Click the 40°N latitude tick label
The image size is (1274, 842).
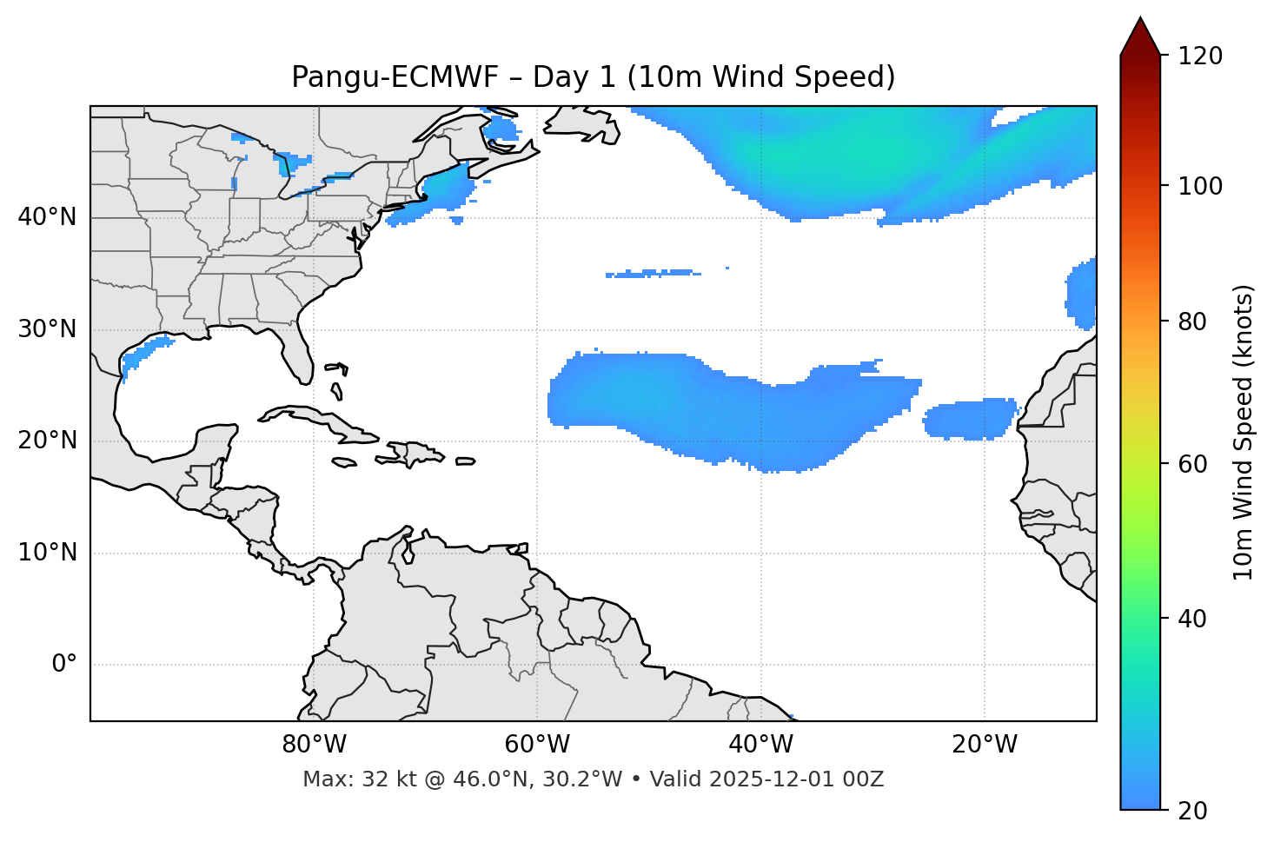click(x=47, y=217)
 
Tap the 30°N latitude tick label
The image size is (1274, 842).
click(x=47, y=329)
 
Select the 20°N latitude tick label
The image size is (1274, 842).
click(x=47, y=441)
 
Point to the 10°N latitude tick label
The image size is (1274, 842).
click(x=47, y=553)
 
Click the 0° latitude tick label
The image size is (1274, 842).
click(x=64, y=665)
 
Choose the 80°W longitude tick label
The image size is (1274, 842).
click(x=314, y=745)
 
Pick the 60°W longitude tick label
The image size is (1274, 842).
click(x=537, y=745)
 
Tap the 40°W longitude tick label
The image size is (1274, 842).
click(x=760, y=745)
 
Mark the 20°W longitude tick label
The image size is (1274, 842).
click(x=985, y=745)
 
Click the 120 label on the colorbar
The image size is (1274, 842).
click(x=1200, y=56)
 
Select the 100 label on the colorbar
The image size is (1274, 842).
click(x=1200, y=186)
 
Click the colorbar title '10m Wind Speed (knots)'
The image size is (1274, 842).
click(x=1244, y=433)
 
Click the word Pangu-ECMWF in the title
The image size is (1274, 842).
click(x=395, y=77)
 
